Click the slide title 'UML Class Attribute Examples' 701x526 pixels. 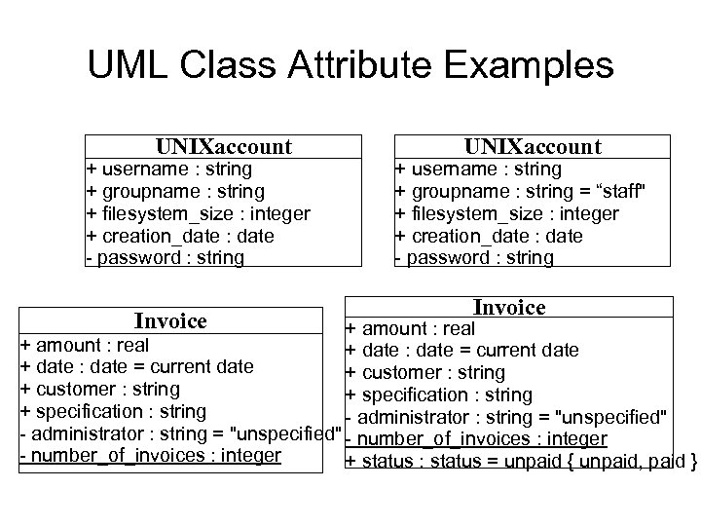(x=350, y=65)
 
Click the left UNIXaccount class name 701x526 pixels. (x=224, y=147)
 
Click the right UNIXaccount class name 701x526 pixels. (x=533, y=147)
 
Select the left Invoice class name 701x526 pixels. (x=170, y=320)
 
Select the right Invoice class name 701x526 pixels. (x=509, y=308)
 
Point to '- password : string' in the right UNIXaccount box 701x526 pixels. (x=474, y=258)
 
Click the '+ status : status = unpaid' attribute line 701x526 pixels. (x=520, y=461)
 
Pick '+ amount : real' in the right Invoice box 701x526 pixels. (x=410, y=329)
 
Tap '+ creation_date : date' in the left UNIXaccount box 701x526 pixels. (x=180, y=236)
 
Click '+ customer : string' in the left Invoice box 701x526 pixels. (x=99, y=389)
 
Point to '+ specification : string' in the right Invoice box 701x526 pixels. (x=438, y=394)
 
